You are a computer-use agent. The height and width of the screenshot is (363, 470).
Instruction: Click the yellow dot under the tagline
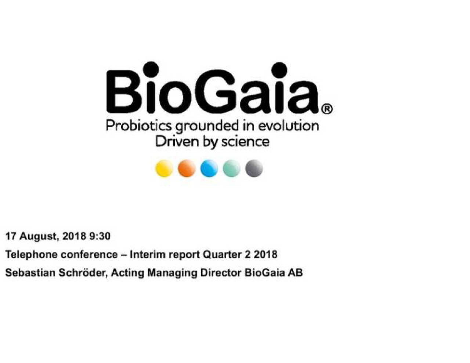pyautogui.click(x=164, y=168)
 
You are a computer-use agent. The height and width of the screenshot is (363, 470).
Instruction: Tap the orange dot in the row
pyautogui.click(x=187, y=168)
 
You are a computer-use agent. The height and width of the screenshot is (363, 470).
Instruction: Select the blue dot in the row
pyautogui.click(x=209, y=168)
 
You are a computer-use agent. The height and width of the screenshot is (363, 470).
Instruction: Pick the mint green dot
pyautogui.click(x=231, y=168)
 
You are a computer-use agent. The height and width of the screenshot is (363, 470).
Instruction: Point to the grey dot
pyautogui.click(x=254, y=168)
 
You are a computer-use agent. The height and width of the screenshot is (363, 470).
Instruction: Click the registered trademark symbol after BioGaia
pyautogui.click(x=327, y=109)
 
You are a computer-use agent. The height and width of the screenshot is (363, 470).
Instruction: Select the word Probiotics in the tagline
pyautogui.click(x=138, y=126)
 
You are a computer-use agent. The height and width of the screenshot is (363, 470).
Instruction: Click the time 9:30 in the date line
pyautogui.click(x=100, y=236)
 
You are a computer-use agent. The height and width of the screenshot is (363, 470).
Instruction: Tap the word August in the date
pyautogui.click(x=39, y=236)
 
